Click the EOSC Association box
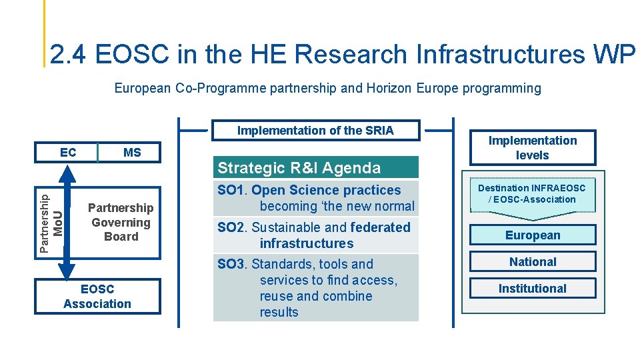pyautogui.click(x=97, y=297)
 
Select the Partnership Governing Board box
pyautogui.click(x=121, y=222)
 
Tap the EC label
pyautogui.click(x=67, y=152)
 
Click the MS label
pyautogui.click(x=132, y=153)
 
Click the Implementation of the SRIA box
pyautogui.click(x=315, y=131)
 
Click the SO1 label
pyautogui.click(x=231, y=191)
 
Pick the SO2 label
pyautogui.click(x=231, y=227)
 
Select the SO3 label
pyautogui.click(x=231, y=264)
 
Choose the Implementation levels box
pyautogui.click(x=532, y=148)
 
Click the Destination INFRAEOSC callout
pyautogui.click(x=532, y=194)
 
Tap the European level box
pyautogui.click(x=532, y=235)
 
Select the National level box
pyautogui.click(x=532, y=262)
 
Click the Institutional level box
pyautogui.click(x=532, y=289)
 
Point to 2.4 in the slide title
pyautogui.click(x=69, y=55)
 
